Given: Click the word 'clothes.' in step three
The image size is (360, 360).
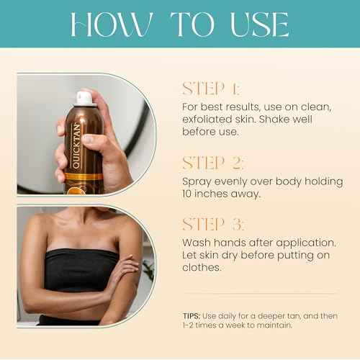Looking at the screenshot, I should tap(203, 269).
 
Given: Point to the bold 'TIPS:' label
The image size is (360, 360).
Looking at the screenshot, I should tap(194, 315).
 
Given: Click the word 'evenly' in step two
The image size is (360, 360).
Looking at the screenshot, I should tap(231, 181).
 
